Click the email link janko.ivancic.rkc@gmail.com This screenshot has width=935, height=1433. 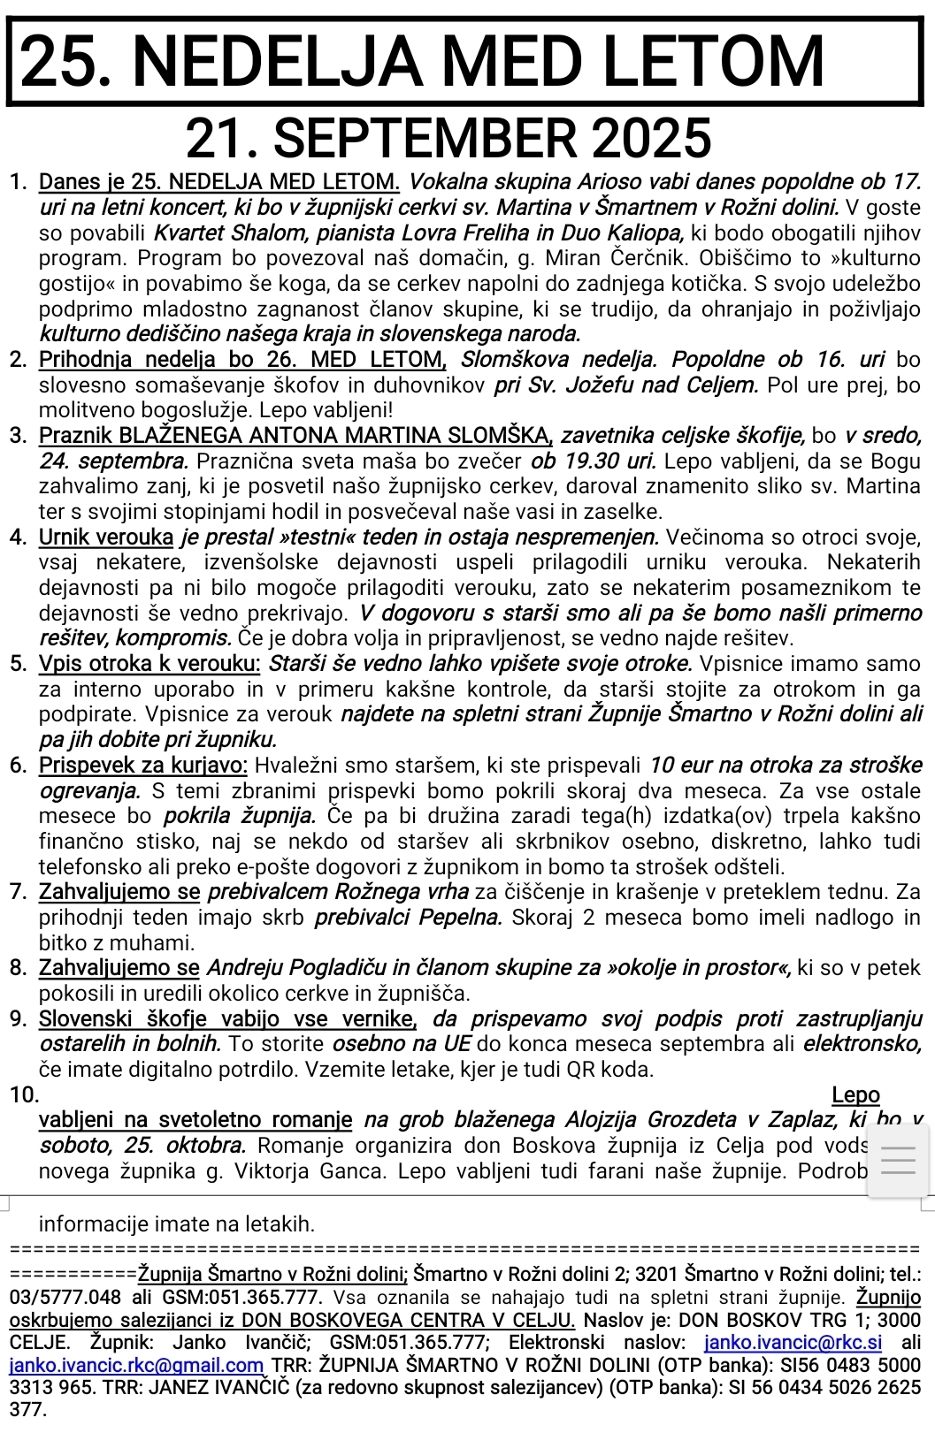tap(136, 1365)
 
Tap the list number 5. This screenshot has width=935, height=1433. tap(19, 664)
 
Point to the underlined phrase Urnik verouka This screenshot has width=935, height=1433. tap(106, 537)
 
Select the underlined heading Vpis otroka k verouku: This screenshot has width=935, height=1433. tap(149, 664)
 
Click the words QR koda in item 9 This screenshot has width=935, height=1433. tap(610, 1070)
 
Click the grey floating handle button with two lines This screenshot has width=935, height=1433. tap(898, 1159)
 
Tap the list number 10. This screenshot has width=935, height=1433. tap(24, 1095)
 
